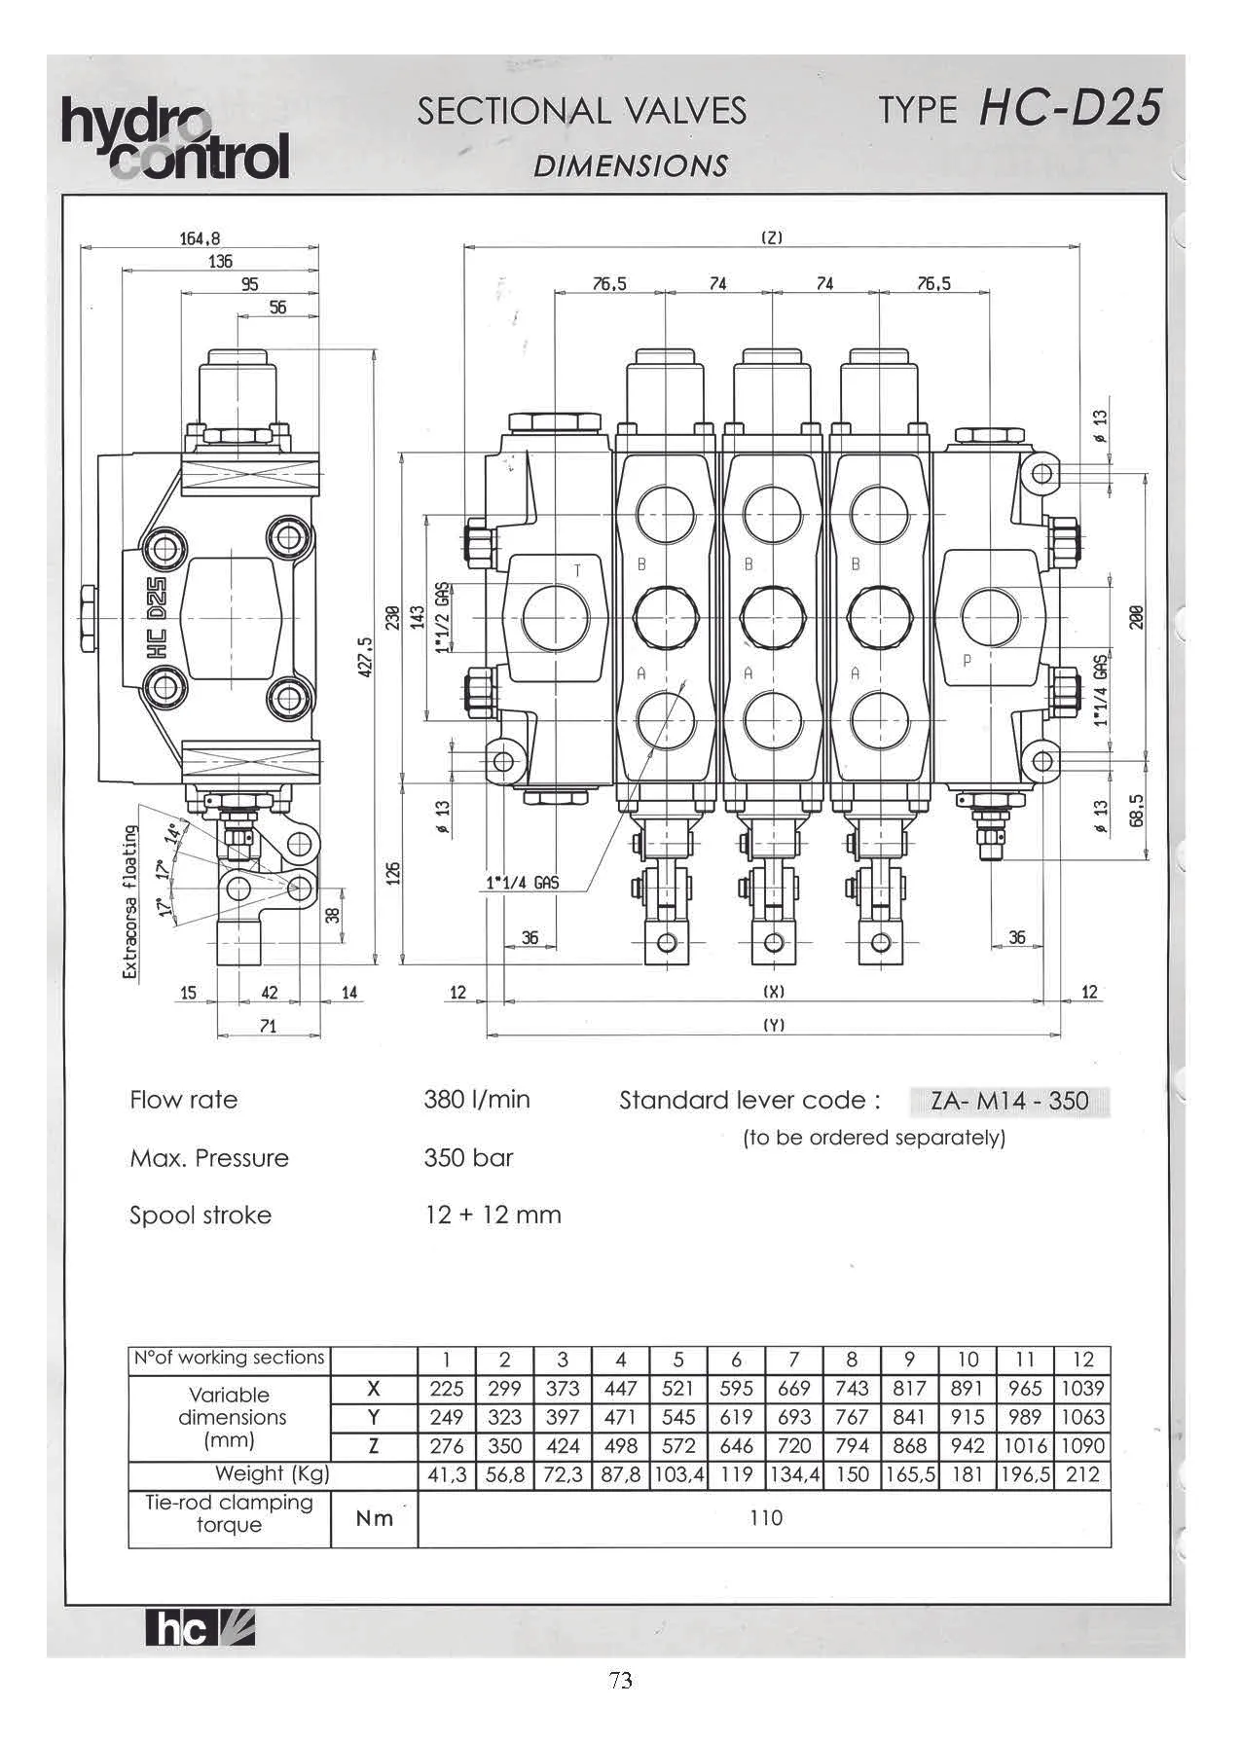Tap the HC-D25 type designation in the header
point(1070,108)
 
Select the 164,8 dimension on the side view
point(200,237)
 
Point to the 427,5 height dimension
point(365,660)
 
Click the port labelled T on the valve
point(557,616)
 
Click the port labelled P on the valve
point(995,617)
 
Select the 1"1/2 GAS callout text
point(443,617)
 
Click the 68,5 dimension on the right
point(1136,809)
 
